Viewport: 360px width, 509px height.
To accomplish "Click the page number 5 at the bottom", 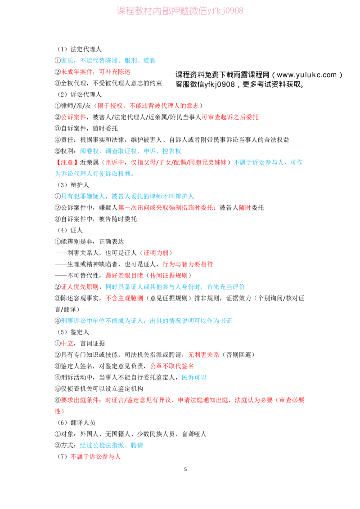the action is (185, 469).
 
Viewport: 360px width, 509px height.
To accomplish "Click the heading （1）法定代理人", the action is (79, 49).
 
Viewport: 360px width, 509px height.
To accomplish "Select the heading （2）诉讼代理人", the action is (79, 94).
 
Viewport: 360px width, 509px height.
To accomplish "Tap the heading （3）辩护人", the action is (73, 185).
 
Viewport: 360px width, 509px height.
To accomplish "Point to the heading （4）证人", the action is (70, 230).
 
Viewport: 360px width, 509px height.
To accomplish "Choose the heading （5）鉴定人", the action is (73, 332).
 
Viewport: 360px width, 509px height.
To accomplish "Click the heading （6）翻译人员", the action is (76, 423).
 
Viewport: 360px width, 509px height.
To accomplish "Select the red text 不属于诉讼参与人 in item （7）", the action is (95, 456).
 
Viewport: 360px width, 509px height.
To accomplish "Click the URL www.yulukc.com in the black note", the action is (307, 75).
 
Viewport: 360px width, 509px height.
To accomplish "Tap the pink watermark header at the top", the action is (180, 11).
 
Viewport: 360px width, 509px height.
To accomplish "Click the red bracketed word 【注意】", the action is (67, 162).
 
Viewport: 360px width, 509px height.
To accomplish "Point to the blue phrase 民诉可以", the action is (194, 377).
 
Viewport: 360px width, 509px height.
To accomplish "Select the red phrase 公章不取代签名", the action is (172, 366).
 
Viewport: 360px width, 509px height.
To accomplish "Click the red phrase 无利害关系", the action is (203, 354).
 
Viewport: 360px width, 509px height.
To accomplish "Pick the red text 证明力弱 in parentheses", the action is (156, 253).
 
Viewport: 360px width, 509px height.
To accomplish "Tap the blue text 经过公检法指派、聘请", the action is (112, 445).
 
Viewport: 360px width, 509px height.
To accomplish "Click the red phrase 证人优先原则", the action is (80, 286).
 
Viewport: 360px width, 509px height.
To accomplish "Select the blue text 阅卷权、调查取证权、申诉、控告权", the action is (130, 151).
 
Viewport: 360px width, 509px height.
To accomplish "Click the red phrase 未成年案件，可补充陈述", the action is (95, 72).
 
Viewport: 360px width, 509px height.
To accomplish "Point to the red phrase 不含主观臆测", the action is (124, 298).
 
